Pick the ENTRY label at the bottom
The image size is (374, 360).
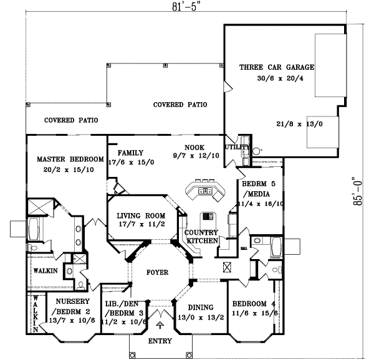click(x=160, y=341)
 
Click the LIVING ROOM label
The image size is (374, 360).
click(x=140, y=216)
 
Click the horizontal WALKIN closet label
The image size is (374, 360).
click(x=46, y=271)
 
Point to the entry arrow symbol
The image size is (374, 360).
click(x=160, y=324)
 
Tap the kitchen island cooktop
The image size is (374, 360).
click(x=206, y=219)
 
